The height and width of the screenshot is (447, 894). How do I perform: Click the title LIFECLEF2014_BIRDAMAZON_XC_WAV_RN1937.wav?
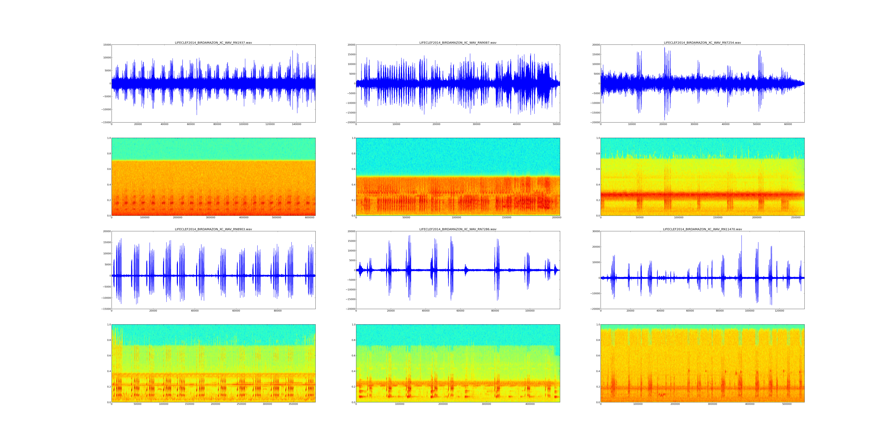pos(213,43)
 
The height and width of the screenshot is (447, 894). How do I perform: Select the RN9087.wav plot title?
pos(458,43)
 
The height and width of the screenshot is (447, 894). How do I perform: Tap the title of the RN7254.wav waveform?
pos(702,43)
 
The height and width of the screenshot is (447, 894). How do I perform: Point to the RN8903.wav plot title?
pos(213,229)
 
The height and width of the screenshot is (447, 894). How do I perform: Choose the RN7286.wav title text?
pos(458,229)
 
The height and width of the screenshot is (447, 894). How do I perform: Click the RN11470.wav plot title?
pos(702,229)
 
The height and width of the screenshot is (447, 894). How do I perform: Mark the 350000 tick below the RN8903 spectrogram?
pos(293,404)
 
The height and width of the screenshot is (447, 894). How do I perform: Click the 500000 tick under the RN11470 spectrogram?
pos(787,404)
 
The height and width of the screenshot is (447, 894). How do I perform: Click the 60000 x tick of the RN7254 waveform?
pos(788,124)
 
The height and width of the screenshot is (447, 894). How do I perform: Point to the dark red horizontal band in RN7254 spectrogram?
pos(702,194)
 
